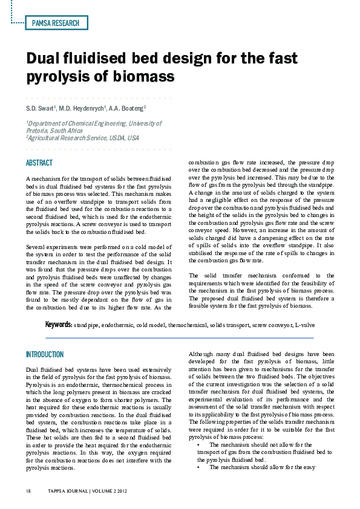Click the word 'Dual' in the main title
pyautogui.click(x=43, y=59)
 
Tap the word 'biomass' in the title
pyautogui.click(x=145, y=77)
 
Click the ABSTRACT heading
pyautogui.click(x=39, y=163)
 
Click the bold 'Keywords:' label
pyautogui.click(x=59, y=325)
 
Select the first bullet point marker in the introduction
pyautogui.click(x=199, y=444)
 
